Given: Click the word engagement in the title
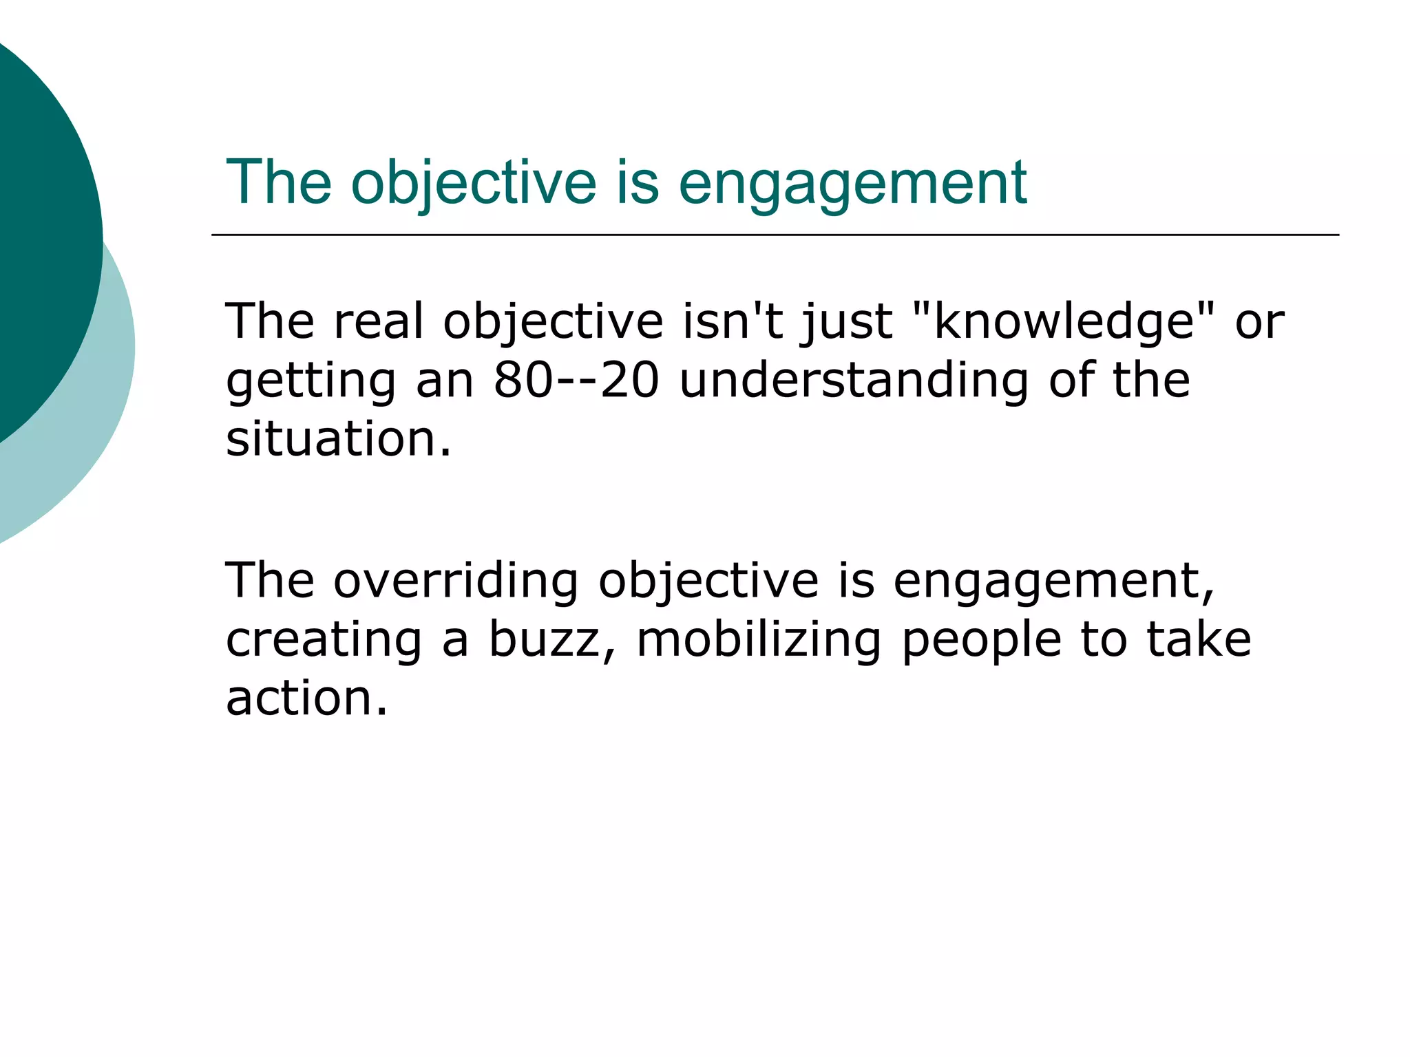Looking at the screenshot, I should (x=852, y=184).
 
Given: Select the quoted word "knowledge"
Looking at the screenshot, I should (x=1064, y=321).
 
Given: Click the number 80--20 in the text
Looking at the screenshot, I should (x=576, y=380).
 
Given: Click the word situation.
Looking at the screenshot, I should (x=337, y=438).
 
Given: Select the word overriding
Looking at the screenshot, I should (x=456, y=580).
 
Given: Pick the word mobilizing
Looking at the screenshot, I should (x=759, y=639).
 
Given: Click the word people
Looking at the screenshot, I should (x=982, y=639).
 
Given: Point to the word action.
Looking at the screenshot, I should (x=306, y=698).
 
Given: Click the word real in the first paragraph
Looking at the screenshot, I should (x=379, y=321).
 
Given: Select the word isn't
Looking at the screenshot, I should (x=733, y=321).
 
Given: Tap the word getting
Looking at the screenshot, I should (x=311, y=380).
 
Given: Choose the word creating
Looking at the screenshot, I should (x=324, y=639).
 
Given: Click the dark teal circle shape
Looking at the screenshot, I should (x=41, y=234).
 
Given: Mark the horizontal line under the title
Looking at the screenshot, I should (x=775, y=235).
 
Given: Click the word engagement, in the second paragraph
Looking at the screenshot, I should (x=1053, y=580).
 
